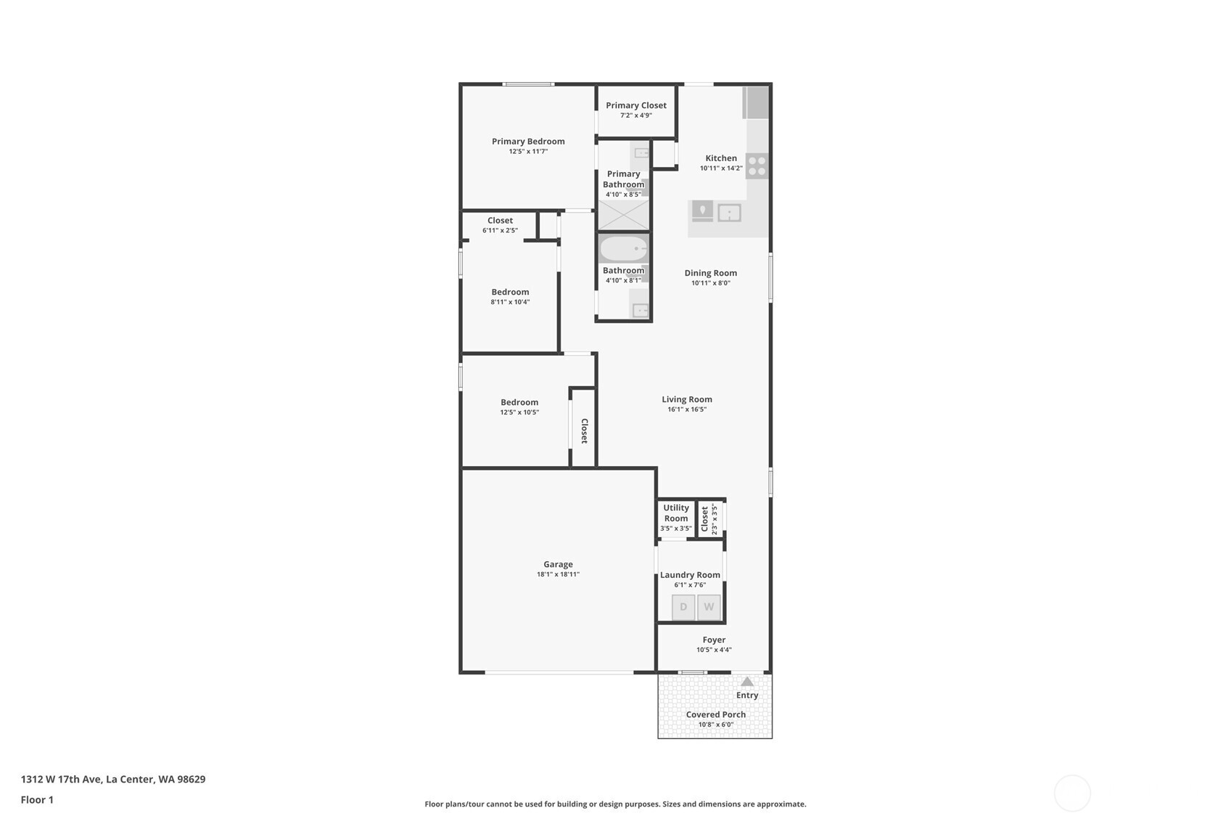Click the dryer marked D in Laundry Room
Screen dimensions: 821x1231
point(683,608)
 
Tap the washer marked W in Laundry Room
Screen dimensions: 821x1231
point(709,608)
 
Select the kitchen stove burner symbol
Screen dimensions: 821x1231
point(757,166)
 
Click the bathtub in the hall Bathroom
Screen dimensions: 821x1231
point(623,249)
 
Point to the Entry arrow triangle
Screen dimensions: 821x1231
point(747,682)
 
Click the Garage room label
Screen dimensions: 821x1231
point(558,564)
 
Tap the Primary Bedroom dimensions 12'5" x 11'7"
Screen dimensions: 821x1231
point(528,152)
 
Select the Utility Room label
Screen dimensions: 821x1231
point(676,513)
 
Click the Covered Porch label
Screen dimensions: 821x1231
point(715,714)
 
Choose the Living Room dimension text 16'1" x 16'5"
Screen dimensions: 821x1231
point(686,409)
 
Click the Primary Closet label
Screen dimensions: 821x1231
point(636,105)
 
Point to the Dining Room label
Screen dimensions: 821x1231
point(710,273)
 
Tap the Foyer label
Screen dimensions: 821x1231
point(714,640)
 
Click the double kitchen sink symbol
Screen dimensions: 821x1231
point(729,213)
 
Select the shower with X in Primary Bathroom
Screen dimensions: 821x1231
point(623,216)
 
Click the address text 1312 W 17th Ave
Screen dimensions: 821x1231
point(62,779)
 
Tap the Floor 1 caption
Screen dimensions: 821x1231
point(37,800)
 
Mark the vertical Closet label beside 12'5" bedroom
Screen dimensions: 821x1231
point(584,430)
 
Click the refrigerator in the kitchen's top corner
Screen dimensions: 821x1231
point(757,102)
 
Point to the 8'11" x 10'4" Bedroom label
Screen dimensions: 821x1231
point(510,292)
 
